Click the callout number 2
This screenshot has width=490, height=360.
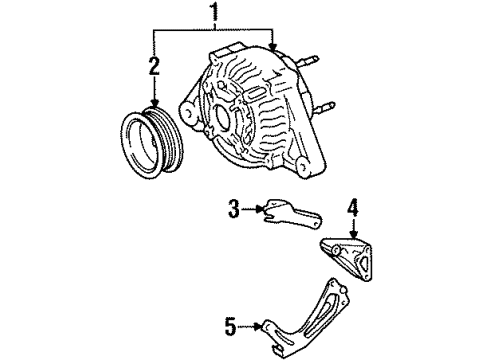153,68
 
